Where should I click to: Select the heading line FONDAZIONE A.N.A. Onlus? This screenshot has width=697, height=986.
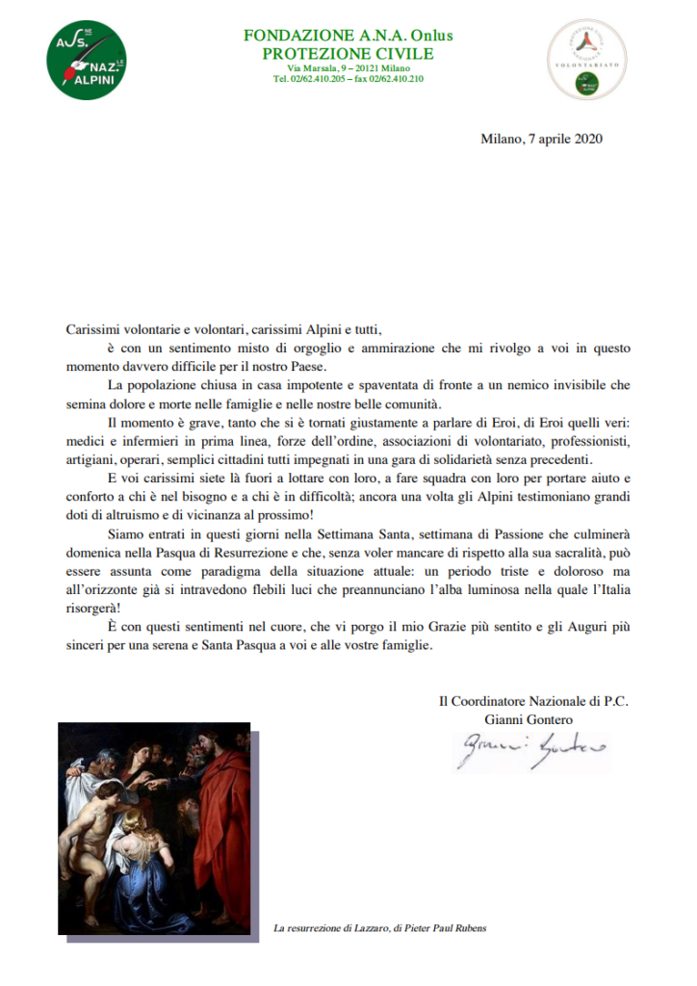coord(348,36)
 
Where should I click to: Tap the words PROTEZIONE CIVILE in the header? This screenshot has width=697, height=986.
coord(348,53)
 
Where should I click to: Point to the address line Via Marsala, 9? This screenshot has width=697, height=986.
coord(348,68)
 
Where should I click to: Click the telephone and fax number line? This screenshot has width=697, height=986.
coord(348,79)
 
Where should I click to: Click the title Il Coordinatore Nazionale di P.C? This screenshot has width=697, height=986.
coord(533,700)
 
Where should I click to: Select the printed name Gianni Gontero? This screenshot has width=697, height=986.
coord(533,718)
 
